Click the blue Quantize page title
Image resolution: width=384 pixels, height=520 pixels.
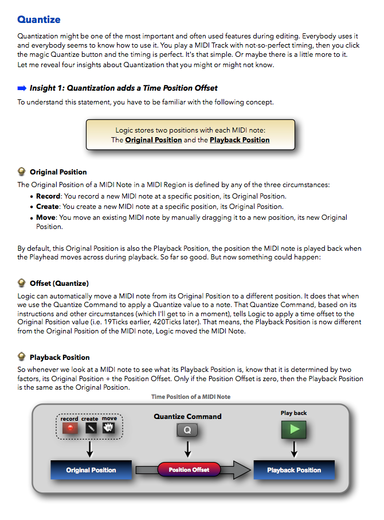pos(38,20)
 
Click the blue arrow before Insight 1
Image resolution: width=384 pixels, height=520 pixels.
pos(22,88)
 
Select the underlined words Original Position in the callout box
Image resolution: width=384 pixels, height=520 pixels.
pos(154,139)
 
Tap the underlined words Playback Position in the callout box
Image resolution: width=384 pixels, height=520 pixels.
pos(240,139)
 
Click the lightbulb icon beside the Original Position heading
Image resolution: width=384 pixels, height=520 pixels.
pos(22,171)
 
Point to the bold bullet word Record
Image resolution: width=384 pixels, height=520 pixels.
pos(48,196)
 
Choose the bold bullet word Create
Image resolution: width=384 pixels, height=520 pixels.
pos(48,207)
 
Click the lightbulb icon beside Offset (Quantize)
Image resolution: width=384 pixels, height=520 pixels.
pos(22,282)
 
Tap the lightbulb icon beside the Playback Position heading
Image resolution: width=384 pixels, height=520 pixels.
pos(22,356)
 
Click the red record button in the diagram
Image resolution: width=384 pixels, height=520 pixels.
pos(70,428)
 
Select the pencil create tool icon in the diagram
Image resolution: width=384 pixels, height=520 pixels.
pos(90,428)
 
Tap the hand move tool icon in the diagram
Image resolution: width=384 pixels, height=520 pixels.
pos(109,428)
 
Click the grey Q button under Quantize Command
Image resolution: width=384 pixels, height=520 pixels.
pos(187,430)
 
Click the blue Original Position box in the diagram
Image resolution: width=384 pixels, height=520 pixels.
pos(91,470)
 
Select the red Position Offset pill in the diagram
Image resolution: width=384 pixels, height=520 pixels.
pos(189,469)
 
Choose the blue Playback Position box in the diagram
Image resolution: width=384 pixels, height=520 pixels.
pos(293,470)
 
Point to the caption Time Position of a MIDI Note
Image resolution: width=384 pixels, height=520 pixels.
pos(191,397)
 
